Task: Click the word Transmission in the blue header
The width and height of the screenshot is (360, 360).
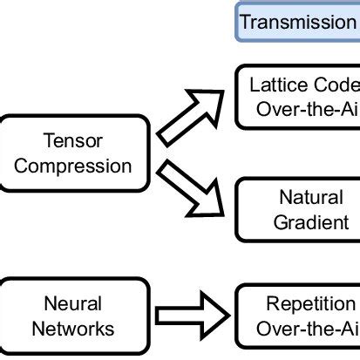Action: point(297,22)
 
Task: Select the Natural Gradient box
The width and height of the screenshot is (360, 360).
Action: point(298,209)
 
